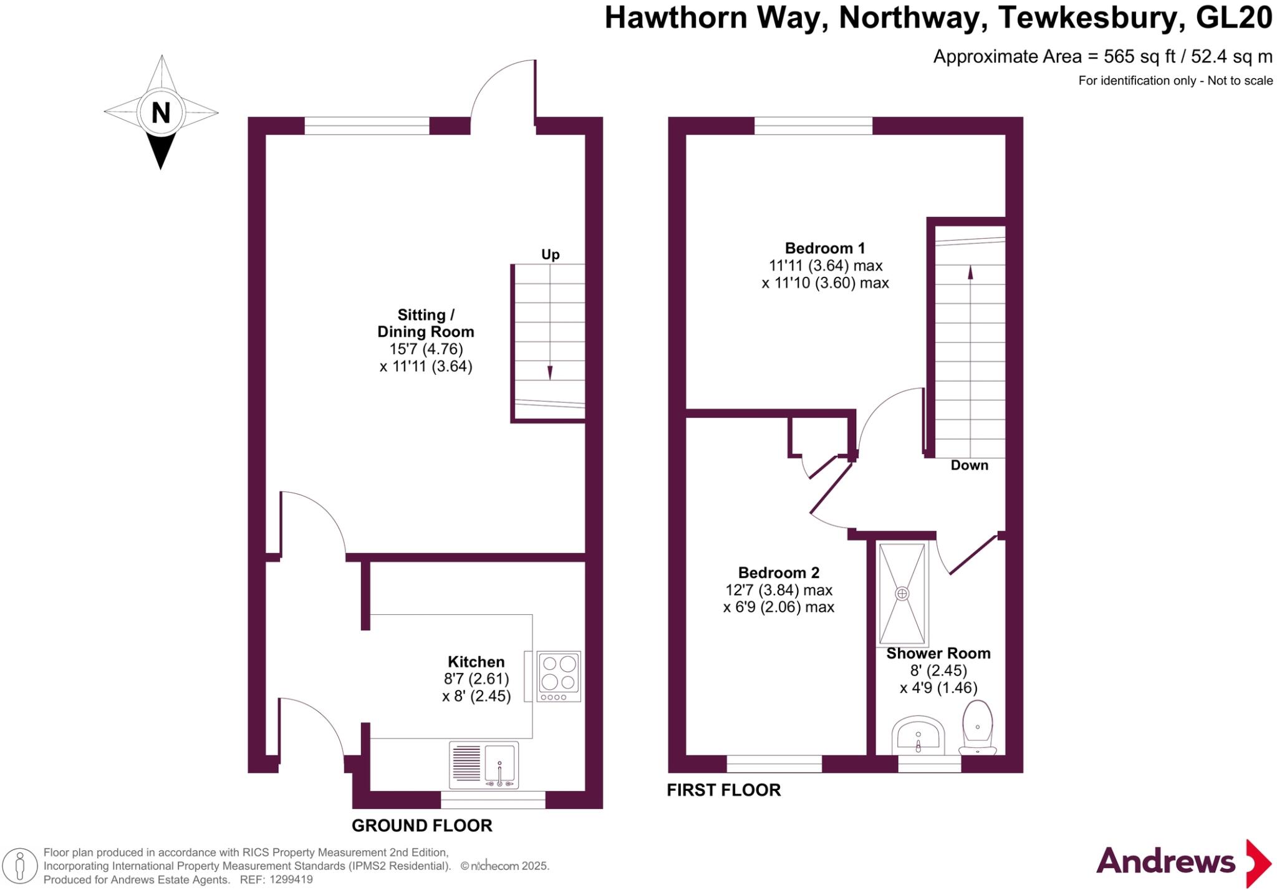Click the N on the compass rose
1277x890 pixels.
point(161,114)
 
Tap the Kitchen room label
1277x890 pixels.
point(476,662)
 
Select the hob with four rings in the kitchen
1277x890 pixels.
point(559,676)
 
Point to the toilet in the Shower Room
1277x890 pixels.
point(977,727)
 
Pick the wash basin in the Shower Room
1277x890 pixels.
point(918,736)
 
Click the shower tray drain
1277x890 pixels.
point(902,594)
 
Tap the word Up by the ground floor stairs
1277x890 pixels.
point(550,254)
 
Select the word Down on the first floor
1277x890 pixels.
point(969,465)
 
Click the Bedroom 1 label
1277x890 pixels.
point(825,248)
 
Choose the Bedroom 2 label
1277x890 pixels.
point(778,573)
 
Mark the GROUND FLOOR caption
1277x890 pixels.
point(422,826)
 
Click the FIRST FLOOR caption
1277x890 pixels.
point(723,790)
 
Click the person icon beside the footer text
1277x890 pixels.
point(20,866)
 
